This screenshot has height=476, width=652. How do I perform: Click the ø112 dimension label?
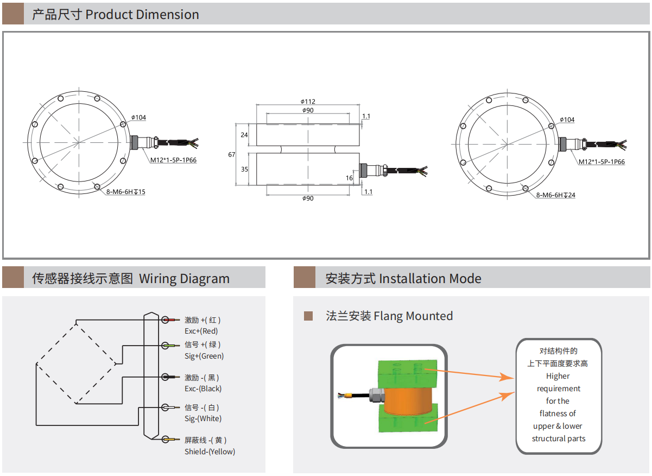308,102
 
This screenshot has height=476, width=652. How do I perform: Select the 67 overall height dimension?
232,154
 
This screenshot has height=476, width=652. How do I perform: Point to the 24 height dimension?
244,135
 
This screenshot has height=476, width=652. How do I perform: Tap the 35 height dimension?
244,170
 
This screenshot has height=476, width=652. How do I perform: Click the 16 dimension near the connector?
349,178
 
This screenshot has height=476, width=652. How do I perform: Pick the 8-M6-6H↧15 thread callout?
126,192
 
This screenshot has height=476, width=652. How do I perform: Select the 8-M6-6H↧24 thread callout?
555,195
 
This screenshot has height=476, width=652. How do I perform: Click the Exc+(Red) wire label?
201,331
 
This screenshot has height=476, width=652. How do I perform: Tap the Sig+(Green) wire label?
204,356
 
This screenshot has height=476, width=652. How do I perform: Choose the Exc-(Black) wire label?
203,389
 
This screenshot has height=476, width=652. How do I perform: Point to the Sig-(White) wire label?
203,418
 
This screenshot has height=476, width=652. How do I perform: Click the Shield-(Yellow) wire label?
210,452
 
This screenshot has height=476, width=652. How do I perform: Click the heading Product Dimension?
142,15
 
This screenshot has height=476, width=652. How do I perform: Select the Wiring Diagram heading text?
184,279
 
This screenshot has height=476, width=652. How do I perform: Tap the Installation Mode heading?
430,279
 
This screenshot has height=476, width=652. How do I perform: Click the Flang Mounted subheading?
413,316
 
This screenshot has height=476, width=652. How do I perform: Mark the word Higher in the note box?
558,376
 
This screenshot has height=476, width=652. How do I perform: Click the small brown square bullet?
308,316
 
